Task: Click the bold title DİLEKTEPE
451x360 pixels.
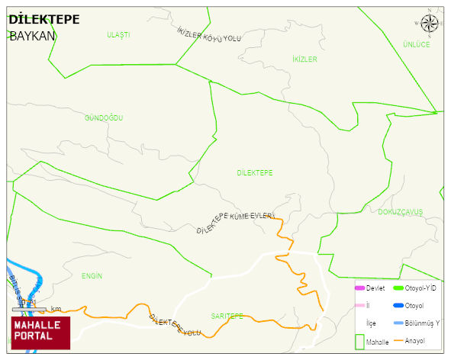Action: (43, 20)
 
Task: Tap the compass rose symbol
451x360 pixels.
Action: (430, 24)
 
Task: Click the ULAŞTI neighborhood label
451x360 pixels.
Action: (118, 35)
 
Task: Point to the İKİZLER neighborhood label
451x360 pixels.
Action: (304, 59)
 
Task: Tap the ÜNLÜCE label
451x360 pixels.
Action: (416, 44)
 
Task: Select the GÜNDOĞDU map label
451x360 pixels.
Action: (104, 118)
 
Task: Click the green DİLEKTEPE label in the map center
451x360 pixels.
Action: (254, 173)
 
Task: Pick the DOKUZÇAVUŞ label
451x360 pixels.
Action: (400, 211)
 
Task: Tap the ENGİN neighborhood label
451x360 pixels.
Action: (92, 275)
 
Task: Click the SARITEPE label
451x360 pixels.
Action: (227, 315)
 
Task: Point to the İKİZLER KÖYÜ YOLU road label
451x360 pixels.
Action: (208, 36)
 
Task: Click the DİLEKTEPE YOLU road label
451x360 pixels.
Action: (175, 326)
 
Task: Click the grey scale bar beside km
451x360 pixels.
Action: (31, 309)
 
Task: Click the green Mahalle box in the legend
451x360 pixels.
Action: (360, 340)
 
